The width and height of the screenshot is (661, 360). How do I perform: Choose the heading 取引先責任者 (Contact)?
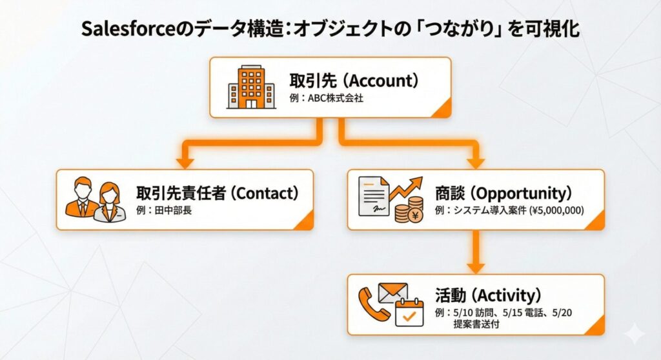pyautogui.click(x=218, y=193)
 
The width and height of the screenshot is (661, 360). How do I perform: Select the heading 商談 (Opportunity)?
pyautogui.click(x=503, y=193)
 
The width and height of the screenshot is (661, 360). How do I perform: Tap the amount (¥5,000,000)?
pyautogui.click(x=556, y=210)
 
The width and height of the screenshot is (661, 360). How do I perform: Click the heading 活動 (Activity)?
pyautogui.click(x=487, y=295)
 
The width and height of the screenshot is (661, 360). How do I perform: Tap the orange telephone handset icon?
pyautogui.click(x=374, y=303)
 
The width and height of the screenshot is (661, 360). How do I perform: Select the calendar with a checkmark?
pyautogui.click(x=409, y=311)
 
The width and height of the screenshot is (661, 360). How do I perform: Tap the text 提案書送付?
pyautogui.click(x=476, y=325)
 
